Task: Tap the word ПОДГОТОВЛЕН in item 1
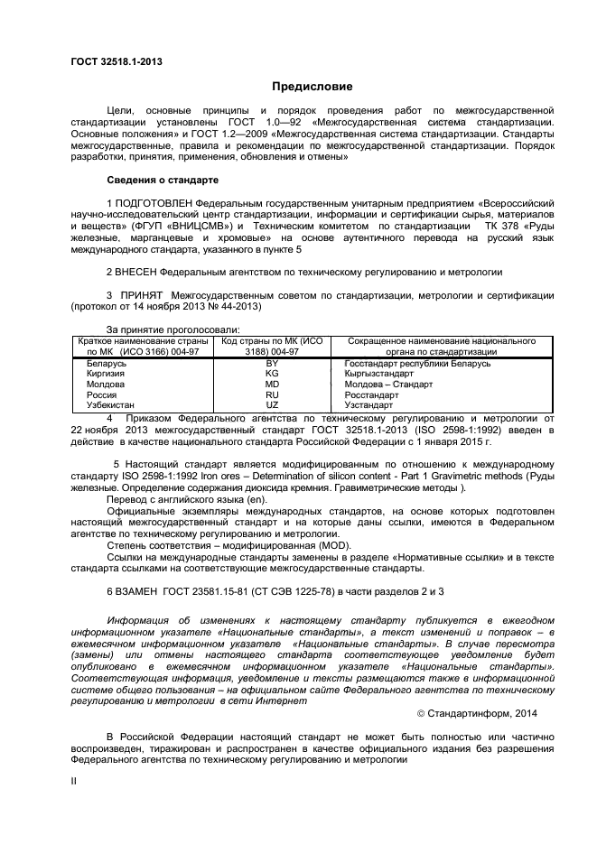[154, 203]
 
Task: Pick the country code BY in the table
[271, 363]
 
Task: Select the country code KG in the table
[271, 374]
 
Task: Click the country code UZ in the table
[271, 405]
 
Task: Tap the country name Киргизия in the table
[106, 374]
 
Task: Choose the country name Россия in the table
[102, 394]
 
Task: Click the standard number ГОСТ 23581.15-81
[224, 590]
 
